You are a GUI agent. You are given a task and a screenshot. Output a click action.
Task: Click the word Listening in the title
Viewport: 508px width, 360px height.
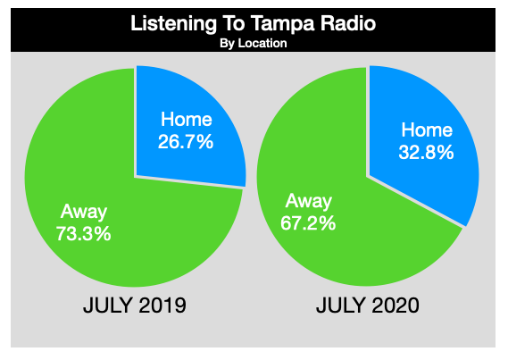[x=174, y=24]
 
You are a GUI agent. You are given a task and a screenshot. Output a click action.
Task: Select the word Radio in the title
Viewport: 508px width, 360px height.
[x=348, y=23]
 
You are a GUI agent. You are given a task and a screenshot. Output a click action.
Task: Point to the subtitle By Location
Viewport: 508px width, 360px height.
[x=254, y=43]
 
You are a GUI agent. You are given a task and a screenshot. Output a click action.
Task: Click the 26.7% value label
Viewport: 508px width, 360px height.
[x=186, y=142]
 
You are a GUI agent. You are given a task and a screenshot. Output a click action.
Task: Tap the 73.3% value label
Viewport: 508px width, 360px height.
[x=84, y=234]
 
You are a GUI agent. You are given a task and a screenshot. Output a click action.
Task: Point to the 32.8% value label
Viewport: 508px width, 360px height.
[x=426, y=152]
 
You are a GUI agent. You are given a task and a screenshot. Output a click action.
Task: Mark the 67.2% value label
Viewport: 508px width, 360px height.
[x=308, y=223]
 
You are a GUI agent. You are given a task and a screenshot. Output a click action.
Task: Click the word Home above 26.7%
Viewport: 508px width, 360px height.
[x=187, y=119]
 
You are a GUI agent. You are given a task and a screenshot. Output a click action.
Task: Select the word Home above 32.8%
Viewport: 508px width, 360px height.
[x=427, y=130]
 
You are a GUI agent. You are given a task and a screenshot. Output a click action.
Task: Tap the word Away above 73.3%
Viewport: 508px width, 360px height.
[x=84, y=213]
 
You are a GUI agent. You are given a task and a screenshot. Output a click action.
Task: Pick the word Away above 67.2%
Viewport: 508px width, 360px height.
[x=308, y=202]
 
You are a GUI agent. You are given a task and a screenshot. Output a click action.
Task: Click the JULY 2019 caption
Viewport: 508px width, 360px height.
[x=135, y=305]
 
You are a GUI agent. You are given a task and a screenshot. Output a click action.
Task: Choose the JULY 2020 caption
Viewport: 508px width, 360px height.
[x=368, y=305]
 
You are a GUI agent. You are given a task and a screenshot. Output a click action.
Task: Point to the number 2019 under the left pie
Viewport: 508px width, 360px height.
[x=162, y=305]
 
